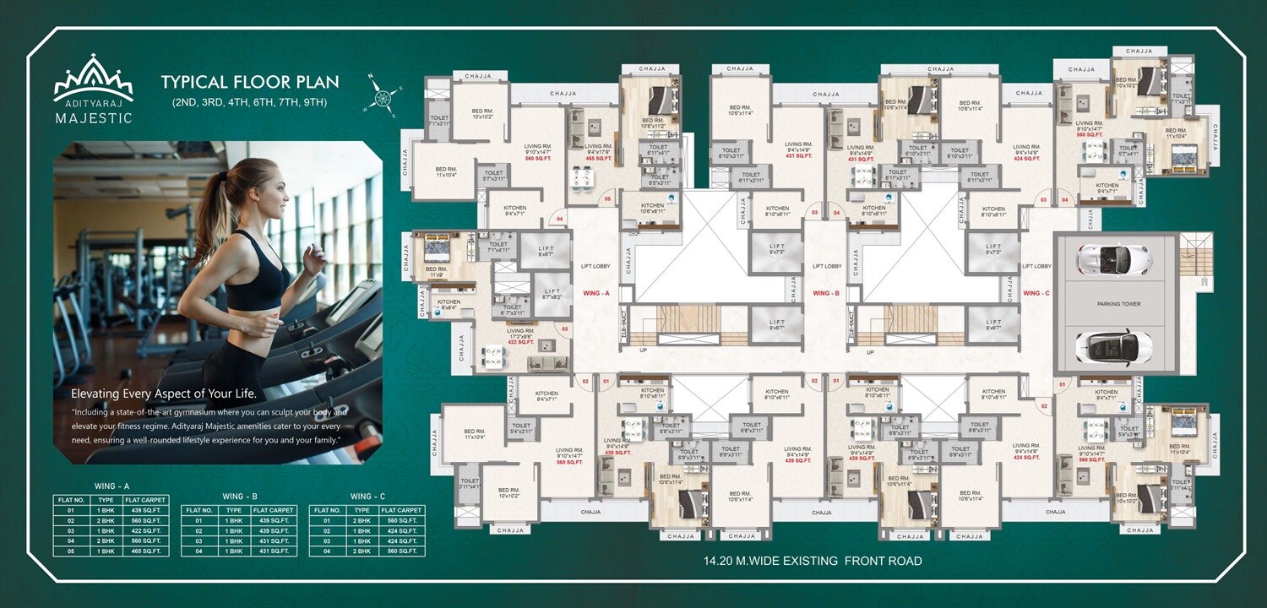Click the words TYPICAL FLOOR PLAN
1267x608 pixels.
pos(250,83)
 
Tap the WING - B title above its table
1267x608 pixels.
pos(240,496)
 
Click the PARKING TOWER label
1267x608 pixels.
pos(1118,303)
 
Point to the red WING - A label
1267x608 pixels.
pos(596,293)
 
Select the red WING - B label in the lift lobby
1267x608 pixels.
pos(825,293)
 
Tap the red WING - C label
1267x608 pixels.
pos(1036,293)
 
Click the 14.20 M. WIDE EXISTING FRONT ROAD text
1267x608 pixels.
pos(813,561)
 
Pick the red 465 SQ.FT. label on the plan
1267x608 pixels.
pos(598,158)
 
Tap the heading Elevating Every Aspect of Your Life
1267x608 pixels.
pos(163,394)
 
